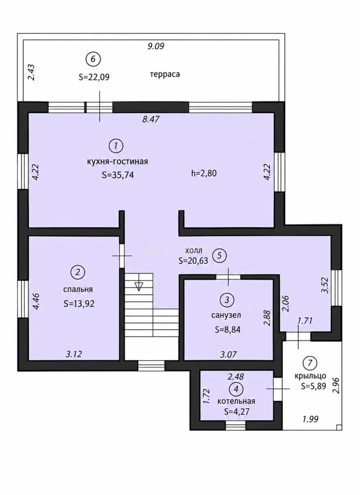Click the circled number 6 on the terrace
point(93,59)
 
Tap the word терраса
point(165,74)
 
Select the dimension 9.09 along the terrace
point(156,46)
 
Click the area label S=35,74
point(118,175)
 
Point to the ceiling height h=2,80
point(204,173)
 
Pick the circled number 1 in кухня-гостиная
point(116,146)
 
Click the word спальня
point(78,290)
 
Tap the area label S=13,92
point(79,304)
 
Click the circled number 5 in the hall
point(219,255)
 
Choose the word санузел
point(226,315)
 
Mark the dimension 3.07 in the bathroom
point(228,354)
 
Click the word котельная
point(236,401)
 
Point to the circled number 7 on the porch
point(310,363)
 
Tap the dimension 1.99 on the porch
point(311,419)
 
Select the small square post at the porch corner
point(339,428)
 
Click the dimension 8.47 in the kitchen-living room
point(151,119)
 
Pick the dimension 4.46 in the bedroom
point(36,302)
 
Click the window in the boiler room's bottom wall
point(235,425)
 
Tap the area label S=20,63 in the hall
point(193,261)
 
